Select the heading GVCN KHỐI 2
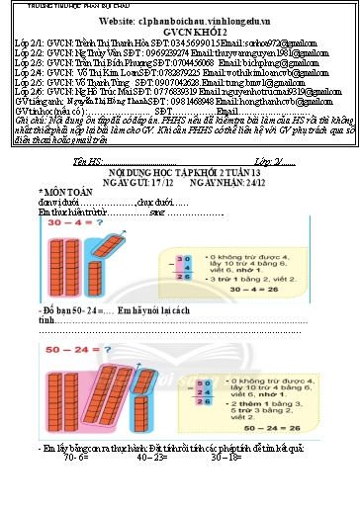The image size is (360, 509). [179, 32]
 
